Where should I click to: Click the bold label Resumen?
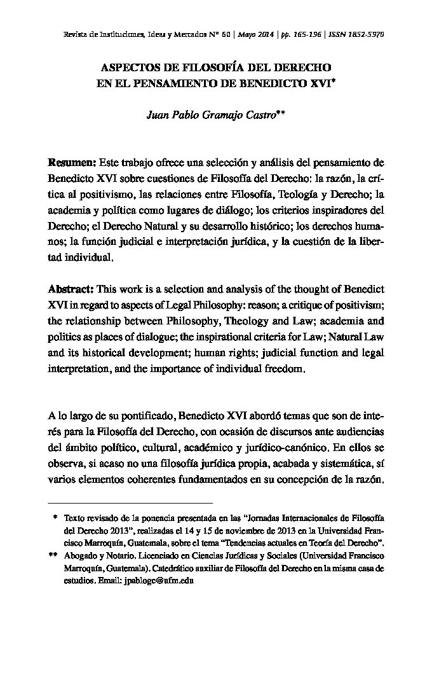[x=72, y=162]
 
